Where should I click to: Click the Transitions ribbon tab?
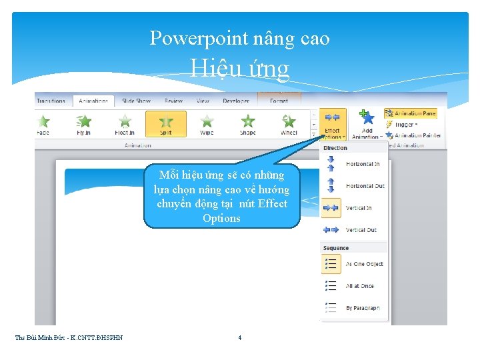click(x=51, y=101)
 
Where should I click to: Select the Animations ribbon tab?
click(x=93, y=101)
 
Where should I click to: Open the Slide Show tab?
click(x=136, y=101)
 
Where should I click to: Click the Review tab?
click(x=173, y=101)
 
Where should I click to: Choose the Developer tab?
click(x=236, y=101)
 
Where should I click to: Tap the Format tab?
click(x=279, y=101)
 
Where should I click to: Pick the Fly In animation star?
click(x=84, y=123)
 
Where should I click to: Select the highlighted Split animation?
click(x=166, y=123)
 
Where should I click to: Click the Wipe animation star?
click(x=207, y=123)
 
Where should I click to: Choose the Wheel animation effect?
click(x=289, y=123)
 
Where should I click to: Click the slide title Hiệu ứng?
click(x=239, y=68)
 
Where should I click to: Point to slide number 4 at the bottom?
click(x=240, y=337)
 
